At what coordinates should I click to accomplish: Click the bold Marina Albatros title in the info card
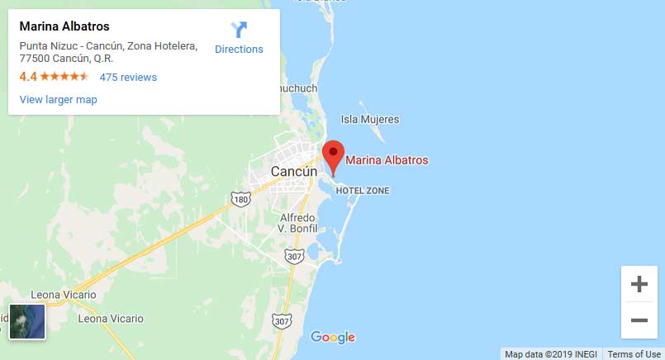[x=64, y=27]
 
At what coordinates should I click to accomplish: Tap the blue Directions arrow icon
[x=239, y=30]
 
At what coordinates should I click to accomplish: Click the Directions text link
[x=239, y=50]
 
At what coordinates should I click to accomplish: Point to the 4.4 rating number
[x=28, y=77]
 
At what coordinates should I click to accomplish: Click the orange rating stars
[x=64, y=77]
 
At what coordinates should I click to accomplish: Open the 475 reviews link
[x=128, y=78]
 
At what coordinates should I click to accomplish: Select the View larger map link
[x=58, y=100]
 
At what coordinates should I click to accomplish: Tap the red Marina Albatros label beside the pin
[x=387, y=160]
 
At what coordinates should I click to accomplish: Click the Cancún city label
[x=294, y=172]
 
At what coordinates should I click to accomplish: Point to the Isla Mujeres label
[x=369, y=120]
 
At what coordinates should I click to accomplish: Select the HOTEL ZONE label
[x=362, y=191]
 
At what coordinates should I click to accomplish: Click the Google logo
[x=333, y=337]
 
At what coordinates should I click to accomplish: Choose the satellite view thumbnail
[x=27, y=322]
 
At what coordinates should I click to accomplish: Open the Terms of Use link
[x=634, y=354]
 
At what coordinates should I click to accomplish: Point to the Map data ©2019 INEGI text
[x=551, y=354]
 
